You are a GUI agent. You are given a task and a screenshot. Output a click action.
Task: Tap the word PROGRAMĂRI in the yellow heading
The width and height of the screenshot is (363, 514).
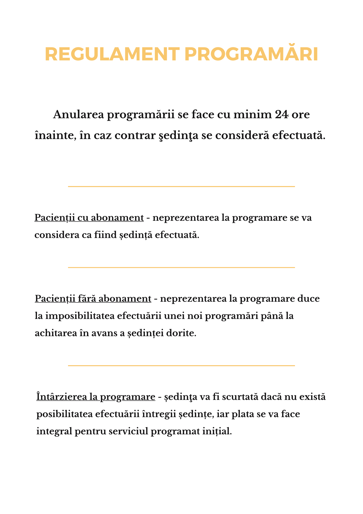[251, 54]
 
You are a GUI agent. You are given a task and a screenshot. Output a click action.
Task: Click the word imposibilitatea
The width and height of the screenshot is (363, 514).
[80, 316]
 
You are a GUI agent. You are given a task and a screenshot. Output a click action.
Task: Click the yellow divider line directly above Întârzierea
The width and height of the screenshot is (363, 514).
[181, 365]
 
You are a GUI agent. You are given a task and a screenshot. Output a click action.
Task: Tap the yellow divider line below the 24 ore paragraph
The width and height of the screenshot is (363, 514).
[181, 186]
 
